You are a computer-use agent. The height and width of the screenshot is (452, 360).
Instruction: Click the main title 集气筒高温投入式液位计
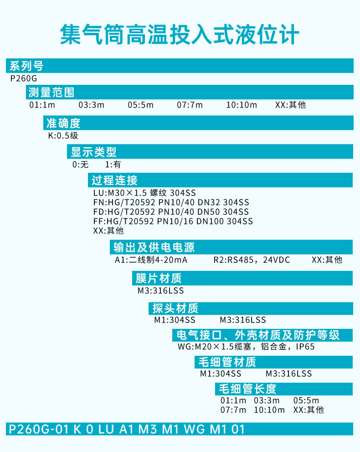(180, 35)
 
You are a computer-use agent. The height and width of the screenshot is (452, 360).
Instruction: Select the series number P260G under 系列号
(24, 78)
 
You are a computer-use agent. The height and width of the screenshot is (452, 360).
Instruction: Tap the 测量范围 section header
(51, 92)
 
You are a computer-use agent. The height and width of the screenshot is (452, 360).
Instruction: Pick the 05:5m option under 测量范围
(140, 104)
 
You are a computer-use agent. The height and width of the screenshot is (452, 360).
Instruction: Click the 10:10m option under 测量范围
(242, 104)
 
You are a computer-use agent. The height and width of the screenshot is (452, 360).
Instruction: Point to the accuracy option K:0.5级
(63, 135)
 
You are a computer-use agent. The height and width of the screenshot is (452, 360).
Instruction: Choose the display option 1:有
(113, 164)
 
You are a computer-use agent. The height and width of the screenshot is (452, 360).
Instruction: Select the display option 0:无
(80, 164)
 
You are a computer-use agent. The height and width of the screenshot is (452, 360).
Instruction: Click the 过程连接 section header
(115, 180)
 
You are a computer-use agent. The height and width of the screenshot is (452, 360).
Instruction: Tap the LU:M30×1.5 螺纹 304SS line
(144, 192)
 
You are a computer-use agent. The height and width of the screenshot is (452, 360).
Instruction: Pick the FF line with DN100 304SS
(173, 221)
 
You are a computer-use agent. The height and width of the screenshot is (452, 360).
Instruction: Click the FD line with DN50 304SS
(171, 212)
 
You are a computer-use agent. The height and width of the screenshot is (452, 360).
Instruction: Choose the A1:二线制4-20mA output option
(151, 260)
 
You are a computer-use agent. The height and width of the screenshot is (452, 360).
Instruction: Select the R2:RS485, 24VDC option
(252, 260)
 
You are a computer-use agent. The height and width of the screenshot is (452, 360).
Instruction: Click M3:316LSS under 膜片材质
(161, 291)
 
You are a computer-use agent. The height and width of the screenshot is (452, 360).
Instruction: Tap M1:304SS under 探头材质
(175, 320)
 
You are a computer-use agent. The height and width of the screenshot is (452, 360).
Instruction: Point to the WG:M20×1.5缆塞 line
(246, 346)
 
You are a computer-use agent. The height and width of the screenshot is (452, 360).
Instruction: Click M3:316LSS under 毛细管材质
(289, 374)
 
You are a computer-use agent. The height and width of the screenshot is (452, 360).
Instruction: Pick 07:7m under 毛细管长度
(233, 410)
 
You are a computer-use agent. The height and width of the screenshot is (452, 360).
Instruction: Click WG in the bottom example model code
(194, 429)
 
